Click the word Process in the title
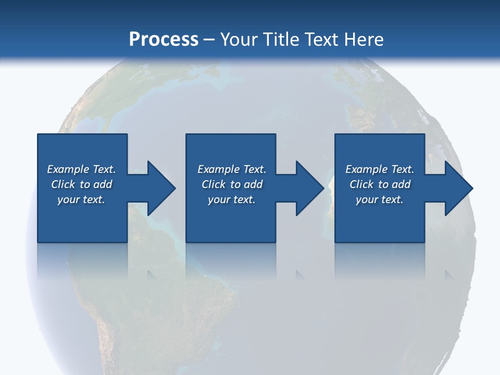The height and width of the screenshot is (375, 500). (x=164, y=39)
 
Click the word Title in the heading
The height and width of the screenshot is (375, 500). (x=282, y=39)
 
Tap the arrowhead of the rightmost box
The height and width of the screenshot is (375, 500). (x=458, y=188)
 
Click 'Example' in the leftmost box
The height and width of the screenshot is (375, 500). (x=68, y=169)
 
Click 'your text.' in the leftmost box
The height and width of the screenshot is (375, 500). (x=81, y=199)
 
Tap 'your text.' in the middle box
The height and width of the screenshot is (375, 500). (x=231, y=199)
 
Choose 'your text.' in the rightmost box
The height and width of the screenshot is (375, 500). (x=380, y=199)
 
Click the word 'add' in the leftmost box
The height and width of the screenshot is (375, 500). (x=103, y=184)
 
